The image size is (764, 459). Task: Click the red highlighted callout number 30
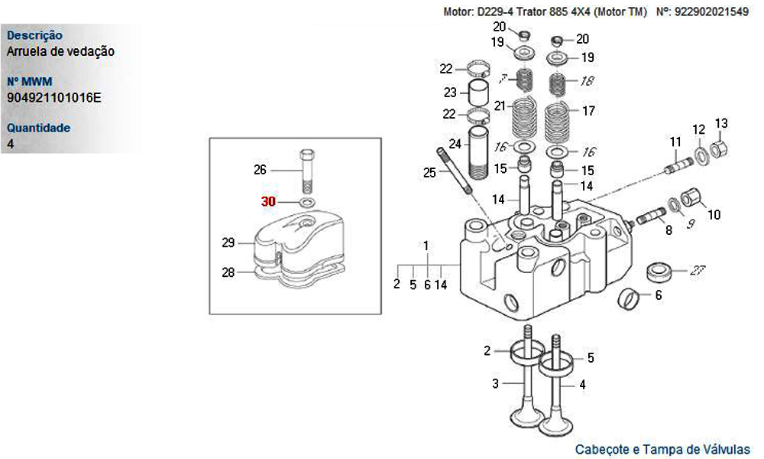(x=268, y=202)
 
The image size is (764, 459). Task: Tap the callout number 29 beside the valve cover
(x=228, y=243)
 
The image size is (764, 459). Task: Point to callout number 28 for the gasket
(x=228, y=272)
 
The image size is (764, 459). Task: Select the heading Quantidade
(x=38, y=128)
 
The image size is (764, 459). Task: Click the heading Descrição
(x=34, y=35)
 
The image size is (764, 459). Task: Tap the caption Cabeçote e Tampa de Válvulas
(x=662, y=450)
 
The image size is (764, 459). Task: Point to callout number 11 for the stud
(x=675, y=142)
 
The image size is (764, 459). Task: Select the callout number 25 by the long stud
(x=429, y=173)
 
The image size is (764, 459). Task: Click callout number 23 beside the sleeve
(x=450, y=93)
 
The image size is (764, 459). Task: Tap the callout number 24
(x=455, y=144)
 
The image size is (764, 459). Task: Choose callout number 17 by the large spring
(x=588, y=111)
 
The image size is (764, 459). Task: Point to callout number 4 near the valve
(x=582, y=385)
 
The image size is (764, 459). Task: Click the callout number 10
(x=714, y=214)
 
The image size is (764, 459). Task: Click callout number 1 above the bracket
(x=426, y=246)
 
